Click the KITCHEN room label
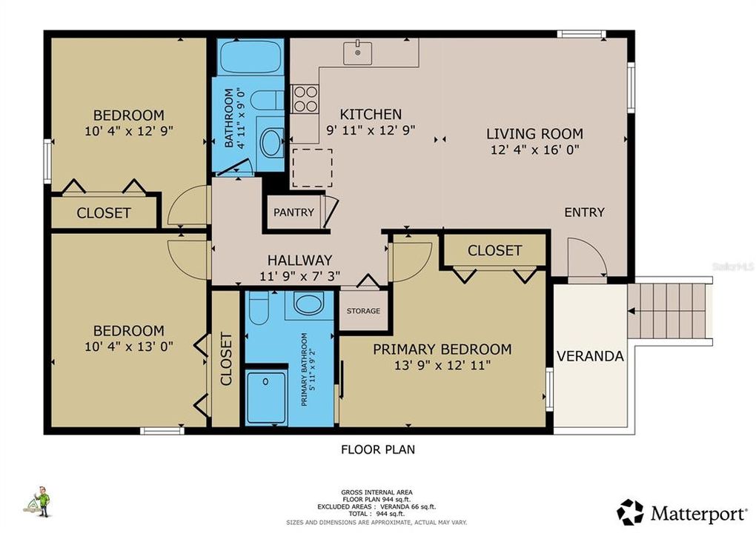pos(371,114)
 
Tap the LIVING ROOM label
pos(534,134)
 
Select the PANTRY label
pos(294,212)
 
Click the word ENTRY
pos(584,212)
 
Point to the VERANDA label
pos(590,356)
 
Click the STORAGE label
pos(363,311)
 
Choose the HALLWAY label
pos(299,260)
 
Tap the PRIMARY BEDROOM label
pos(442,349)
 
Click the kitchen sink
pos(358,52)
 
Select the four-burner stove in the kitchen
pos(305,99)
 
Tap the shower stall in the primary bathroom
pos(266,398)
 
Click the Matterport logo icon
pos(630,512)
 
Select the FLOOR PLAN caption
pos(378,449)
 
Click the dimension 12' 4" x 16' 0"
pos(534,150)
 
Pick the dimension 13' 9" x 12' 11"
pos(442,365)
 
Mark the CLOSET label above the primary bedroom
pos(494,251)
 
